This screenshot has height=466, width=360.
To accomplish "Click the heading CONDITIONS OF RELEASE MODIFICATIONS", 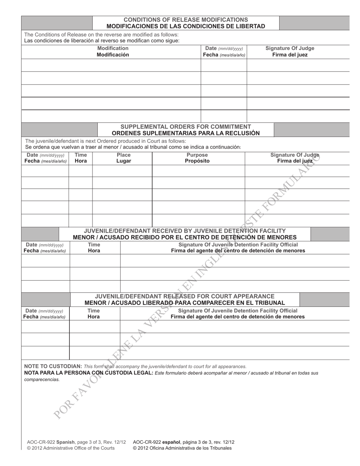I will (186, 20).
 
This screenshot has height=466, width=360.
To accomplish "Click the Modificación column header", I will (113, 55).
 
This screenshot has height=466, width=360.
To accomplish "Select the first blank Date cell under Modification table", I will (224, 65).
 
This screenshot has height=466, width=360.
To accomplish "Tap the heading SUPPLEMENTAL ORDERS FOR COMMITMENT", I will (186, 127).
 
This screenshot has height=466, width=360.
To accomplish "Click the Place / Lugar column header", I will (124, 158).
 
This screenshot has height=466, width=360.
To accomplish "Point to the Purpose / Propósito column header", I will (197, 158).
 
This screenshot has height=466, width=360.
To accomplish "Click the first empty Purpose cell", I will (198, 171).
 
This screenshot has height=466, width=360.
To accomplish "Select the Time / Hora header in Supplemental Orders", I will (80, 158).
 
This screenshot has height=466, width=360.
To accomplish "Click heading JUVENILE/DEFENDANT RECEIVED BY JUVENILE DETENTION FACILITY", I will (185, 231).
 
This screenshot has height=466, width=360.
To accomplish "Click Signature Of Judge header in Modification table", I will (290, 48).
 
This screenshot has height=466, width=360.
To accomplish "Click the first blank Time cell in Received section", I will (95, 261).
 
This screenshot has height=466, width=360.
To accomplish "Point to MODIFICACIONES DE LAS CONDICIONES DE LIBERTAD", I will (186, 26).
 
